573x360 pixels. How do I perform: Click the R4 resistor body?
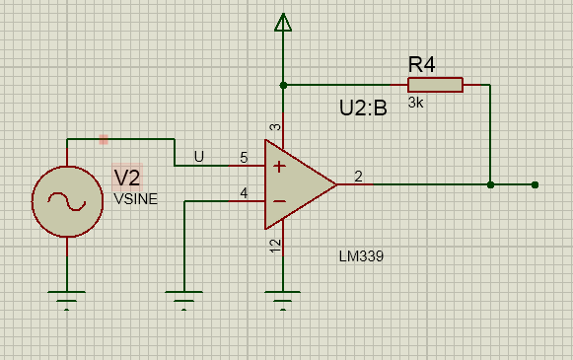tap(435, 85)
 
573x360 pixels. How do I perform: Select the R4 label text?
tap(421, 64)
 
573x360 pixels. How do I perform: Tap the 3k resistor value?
tap(415, 103)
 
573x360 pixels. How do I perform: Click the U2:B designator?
tap(363, 108)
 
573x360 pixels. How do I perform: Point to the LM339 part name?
tap(361, 256)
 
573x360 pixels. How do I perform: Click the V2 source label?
tap(127, 178)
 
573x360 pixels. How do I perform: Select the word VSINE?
tap(135, 199)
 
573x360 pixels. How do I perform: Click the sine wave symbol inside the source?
tap(67, 201)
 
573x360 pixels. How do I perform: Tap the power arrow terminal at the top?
tap(283, 22)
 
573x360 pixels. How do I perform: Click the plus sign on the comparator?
tap(279, 167)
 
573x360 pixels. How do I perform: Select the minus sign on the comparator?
tap(279, 201)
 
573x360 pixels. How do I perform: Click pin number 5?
tap(244, 158)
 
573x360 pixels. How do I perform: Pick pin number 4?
tap(244, 192)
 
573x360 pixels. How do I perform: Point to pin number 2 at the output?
tap(358, 177)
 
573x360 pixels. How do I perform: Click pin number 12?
tap(275, 246)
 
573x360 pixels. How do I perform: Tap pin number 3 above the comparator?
tap(275, 127)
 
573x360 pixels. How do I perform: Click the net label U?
tap(199, 157)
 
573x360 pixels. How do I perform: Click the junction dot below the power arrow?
tap(283, 85)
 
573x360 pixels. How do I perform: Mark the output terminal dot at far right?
tap(535, 185)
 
